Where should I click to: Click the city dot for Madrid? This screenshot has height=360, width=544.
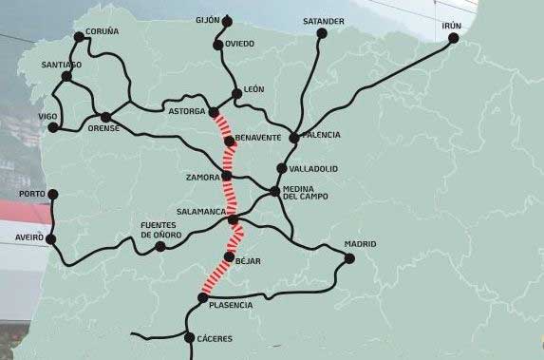pyautogui.click(x=348, y=258)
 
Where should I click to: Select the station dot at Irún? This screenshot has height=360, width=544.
pyautogui.click(x=454, y=38)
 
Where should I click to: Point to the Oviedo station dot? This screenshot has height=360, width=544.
pyautogui.click(x=218, y=45)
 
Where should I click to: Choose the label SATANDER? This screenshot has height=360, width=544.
pyautogui.click(x=324, y=21)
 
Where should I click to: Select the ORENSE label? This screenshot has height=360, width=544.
pyautogui.click(x=103, y=128)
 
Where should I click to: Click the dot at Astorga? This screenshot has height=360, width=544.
pyautogui.click(x=214, y=112)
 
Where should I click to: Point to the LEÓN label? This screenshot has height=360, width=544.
pyautogui.click(x=253, y=89)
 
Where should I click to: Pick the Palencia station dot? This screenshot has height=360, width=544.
pyautogui.click(x=294, y=138)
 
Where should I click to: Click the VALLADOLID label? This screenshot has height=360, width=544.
pyautogui.click(x=313, y=169)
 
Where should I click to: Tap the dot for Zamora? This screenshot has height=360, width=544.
pyautogui.click(x=227, y=176)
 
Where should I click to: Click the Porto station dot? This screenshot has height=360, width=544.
pyautogui.click(x=53, y=194)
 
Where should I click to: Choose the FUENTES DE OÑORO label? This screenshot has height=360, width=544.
pyautogui.click(x=159, y=229)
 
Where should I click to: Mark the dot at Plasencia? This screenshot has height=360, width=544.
pyautogui.click(x=202, y=297)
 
